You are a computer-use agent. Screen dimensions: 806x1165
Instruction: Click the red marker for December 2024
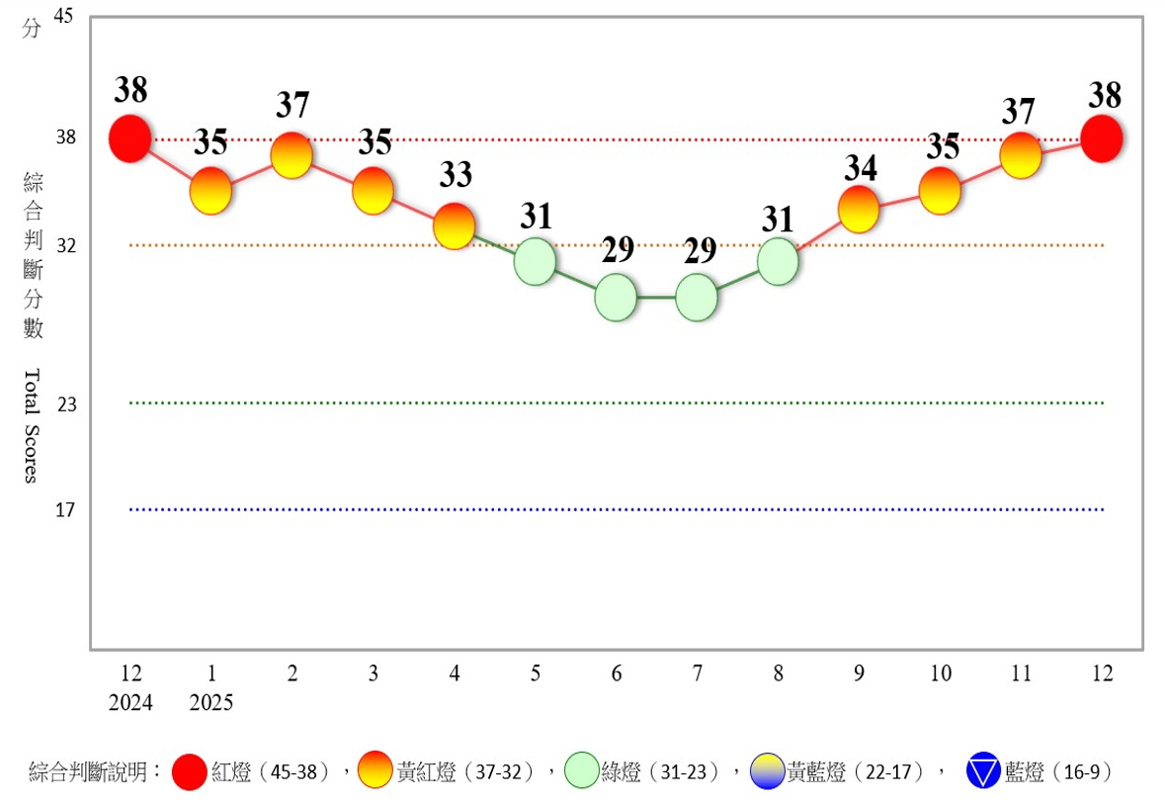click(x=130, y=138)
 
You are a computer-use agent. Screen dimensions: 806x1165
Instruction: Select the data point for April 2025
click(x=455, y=226)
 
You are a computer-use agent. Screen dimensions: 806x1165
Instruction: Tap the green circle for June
click(x=616, y=297)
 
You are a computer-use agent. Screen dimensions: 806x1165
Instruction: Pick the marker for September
click(x=859, y=209)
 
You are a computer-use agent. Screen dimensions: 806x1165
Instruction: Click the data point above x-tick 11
click(x=1021, y=155)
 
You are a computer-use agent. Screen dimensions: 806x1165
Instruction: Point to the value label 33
click(x=456, y=176)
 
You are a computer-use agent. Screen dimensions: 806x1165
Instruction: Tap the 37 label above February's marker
click(x=292, y=105)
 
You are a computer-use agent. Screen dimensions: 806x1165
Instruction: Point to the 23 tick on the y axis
click(x=66, y=403)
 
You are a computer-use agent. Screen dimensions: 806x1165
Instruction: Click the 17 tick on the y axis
click(x=66, y=510)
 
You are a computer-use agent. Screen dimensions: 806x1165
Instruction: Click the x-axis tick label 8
click(x=779, y=674)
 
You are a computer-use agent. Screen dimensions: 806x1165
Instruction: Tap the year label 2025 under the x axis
click(x=212, y=703)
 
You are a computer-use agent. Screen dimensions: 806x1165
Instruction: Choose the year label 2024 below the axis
click(x=131, y=703)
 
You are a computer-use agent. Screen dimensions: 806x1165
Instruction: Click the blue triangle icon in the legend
click(x=984, y=771)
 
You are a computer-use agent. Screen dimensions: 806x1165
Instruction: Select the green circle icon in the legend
click(x=582, y=771)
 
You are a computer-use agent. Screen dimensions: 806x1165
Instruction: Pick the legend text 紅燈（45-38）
click(x=273, y=772)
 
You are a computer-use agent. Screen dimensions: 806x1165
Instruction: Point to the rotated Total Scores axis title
click(x=32, y=425)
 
